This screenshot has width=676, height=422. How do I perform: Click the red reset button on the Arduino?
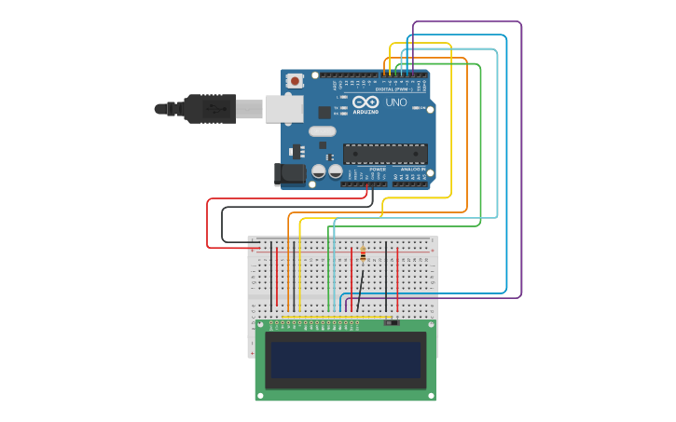295,81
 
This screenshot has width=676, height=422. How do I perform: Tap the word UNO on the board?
396,102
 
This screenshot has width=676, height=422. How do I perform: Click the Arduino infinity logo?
366,102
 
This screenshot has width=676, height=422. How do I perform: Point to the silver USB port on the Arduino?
283,109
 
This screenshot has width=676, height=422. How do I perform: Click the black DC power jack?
291,173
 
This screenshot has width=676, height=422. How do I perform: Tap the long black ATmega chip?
385,154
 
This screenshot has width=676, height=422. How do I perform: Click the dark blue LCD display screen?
346,360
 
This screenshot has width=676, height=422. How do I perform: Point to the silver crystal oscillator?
322,131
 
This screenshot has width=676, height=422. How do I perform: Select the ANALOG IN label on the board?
412,170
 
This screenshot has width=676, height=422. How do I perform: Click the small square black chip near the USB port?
324,112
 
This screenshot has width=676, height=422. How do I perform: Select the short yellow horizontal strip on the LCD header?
374,318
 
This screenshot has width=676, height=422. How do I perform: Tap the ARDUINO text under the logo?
366,111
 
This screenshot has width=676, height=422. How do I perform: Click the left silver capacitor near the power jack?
319,171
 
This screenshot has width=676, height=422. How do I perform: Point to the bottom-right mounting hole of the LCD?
430,395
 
